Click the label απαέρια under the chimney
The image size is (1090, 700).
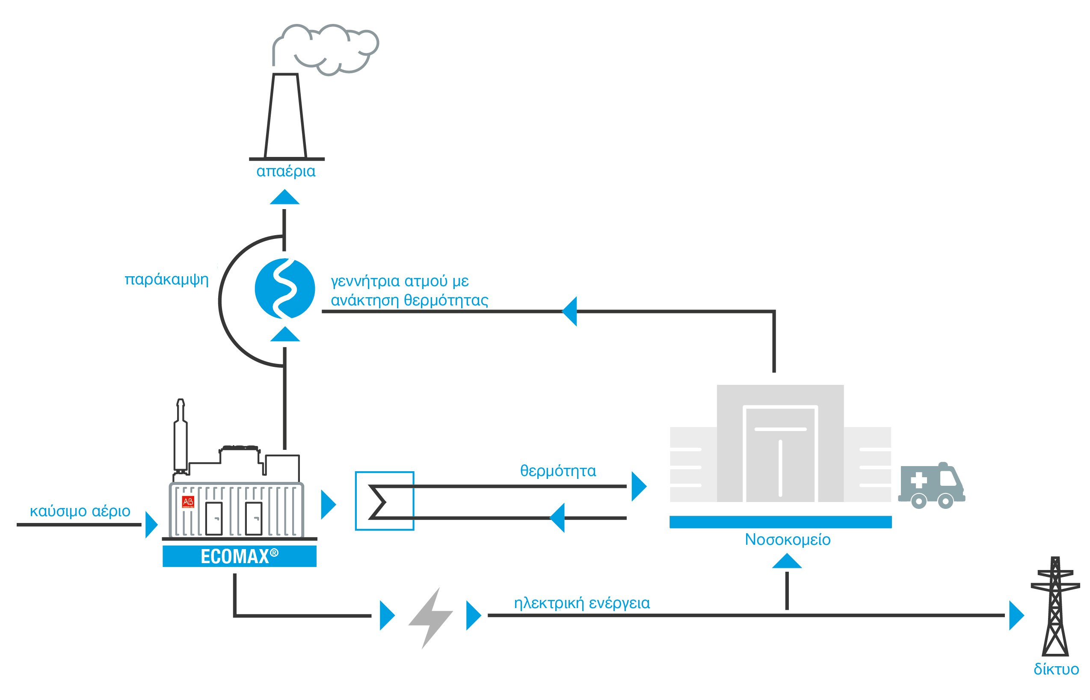[x=286, y=171]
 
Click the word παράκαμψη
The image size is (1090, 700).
[x=166, y=279]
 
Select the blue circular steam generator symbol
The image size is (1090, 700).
[x=284, y=288]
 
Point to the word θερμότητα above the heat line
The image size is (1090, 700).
[x=558, y=471]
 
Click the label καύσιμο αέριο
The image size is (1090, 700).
[x=80, y=511]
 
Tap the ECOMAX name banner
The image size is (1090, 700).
[x=239, y=556]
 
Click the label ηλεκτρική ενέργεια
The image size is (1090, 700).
[x=582, y=603]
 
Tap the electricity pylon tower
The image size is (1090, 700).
[x=1055, y=607]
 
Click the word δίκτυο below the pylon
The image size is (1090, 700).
[x=1056, y=670]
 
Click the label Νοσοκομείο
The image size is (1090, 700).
[x=788, y=540]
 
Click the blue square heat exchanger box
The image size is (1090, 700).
[x=384, y=501]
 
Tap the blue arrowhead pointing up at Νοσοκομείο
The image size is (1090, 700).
[x=787, y=561]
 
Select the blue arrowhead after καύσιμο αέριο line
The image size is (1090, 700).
[x=151, y=525]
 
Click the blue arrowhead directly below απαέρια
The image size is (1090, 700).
[x=284, y=198]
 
